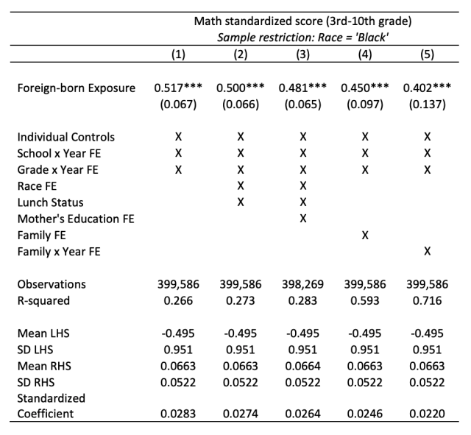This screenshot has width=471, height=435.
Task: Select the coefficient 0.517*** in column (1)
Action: click(x=178, y=88)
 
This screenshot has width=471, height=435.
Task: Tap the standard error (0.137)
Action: click(x=428, y=104)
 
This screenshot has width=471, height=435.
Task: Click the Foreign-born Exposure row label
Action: click(x=77, y=88)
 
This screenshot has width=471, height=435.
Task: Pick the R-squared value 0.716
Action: click(x=428, y=300)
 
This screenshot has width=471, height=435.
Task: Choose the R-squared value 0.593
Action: click(x=365, y=300)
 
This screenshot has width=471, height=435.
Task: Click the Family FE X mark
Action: click(x=365, y=235)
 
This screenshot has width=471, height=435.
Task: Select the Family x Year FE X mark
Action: click(x=428, y=252)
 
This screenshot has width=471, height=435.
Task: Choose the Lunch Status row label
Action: click(x=50, y=202)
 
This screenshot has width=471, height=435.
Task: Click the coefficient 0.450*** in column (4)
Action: click(x=365, y=88)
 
